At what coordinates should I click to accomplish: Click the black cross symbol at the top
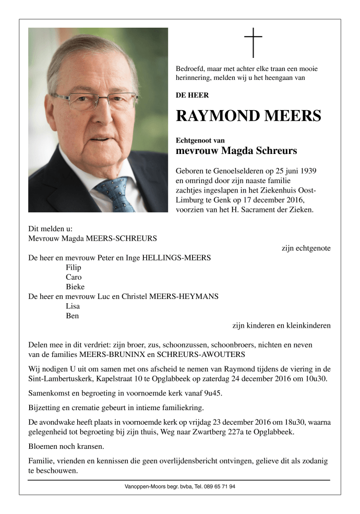(253, 42)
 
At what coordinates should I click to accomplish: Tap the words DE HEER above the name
(193, 95)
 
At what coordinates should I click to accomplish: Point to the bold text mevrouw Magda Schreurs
(236, 151)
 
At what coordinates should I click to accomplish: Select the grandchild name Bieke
(75, 286)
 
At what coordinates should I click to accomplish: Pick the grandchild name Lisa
(73, 306)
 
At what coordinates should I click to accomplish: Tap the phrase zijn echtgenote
(306, 248)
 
